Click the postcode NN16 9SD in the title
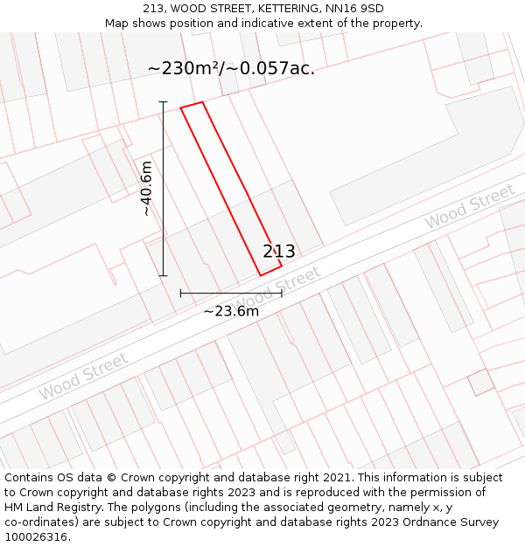360,9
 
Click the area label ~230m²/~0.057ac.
231,68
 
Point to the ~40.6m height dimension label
146,188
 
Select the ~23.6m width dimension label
231,311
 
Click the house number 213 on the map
279,252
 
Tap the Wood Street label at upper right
469,207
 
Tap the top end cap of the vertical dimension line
163,102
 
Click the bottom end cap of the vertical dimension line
163,276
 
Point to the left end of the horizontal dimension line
181,294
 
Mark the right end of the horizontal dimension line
282,294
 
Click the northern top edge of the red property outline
192,105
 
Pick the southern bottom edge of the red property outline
270,271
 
